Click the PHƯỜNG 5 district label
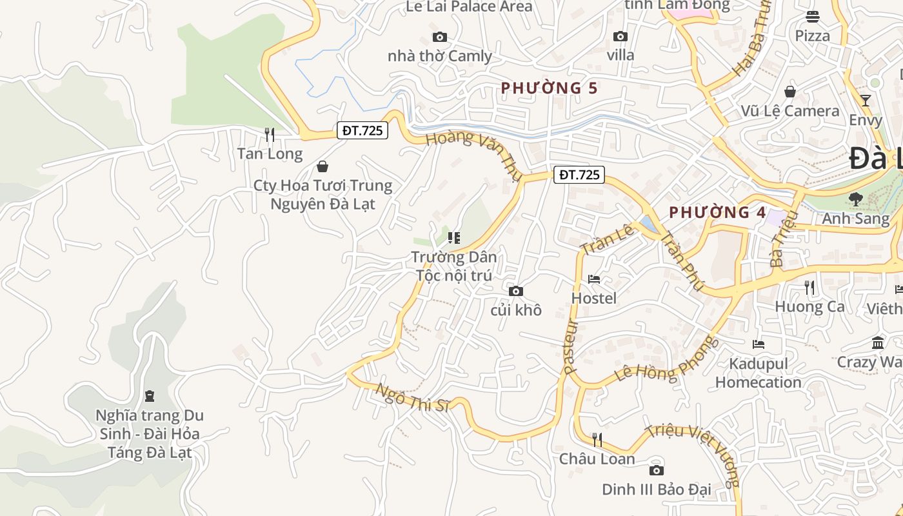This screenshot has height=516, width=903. tap(550, 88)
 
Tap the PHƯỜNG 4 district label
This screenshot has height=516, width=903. tap(709, 212)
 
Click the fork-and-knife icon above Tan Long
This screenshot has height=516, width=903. tap(270, 135)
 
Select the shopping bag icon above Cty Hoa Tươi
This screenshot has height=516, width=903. tap(322, 166)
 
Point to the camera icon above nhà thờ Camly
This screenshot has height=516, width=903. tap(440, 37)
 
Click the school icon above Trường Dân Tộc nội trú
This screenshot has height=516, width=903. tap(454, 238)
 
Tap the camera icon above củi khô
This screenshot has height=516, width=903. tap(516, 291)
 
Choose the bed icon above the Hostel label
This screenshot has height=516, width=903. tap(594, 279)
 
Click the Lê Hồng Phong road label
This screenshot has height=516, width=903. tap(667, 359)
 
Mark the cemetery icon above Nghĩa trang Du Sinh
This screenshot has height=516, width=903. tap(150, 395)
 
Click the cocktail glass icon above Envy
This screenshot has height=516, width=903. tap(865, 101)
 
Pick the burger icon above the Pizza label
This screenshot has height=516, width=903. tap(813, 17)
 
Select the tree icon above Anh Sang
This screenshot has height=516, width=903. tap(856, 199)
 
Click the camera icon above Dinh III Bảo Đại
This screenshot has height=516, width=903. tap(657, 470)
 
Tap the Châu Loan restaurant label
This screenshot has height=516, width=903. tap(597, 459)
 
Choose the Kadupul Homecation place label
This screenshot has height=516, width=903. tap(759, 373)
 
